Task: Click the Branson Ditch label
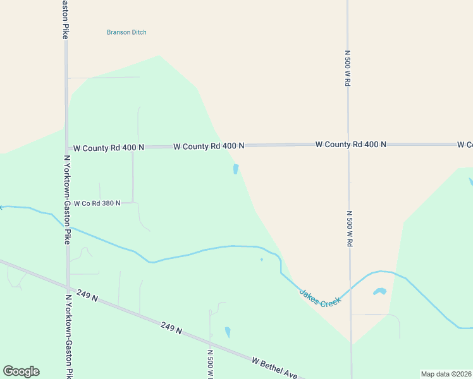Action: [126, 32]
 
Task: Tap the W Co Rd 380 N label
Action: [97, 203]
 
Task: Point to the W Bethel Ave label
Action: [274, 368]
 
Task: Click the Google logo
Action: [21, 371]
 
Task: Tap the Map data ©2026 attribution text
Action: [446, 374]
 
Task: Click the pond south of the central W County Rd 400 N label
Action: [236, 169]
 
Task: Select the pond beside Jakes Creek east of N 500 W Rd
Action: [379, 291]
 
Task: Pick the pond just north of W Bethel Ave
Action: [228, 332]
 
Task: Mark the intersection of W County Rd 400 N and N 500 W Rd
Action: [348, 145]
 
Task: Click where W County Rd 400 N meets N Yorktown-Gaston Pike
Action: [66, 147]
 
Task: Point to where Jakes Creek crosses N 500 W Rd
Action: [350, 286]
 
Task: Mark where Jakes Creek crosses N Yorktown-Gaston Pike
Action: [67, 224]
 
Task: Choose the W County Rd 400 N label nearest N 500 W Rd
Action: [351, 145]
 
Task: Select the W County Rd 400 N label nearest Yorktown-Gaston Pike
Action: [109, 147]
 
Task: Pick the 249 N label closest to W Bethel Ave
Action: [171, 327]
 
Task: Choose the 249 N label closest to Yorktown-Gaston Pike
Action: [87, 294]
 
